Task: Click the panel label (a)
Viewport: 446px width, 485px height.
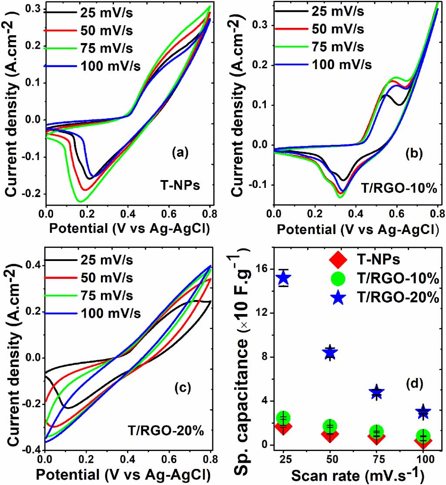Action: [x=180, y=152]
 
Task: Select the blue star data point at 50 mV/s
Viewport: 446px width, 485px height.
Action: [x=330, y=353]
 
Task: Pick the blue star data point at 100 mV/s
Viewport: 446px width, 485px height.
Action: [x=423, y=411]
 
